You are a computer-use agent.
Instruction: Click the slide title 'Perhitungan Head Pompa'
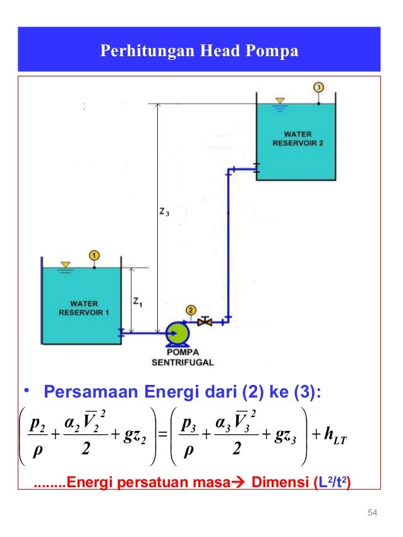point(199,50)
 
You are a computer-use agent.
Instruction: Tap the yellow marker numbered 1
point(94,255)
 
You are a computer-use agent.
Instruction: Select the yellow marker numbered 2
point(191,310)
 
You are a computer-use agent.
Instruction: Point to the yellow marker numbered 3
point(319,86)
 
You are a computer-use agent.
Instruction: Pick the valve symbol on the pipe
point(204,321)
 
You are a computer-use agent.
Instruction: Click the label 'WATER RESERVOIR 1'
point(81,308)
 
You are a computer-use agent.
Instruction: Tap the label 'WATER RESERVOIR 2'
point(297,138)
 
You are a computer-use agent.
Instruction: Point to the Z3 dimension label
point(164,213)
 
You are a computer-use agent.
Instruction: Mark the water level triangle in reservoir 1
point(64,264)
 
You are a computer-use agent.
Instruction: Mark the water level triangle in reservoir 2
point(279,100)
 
